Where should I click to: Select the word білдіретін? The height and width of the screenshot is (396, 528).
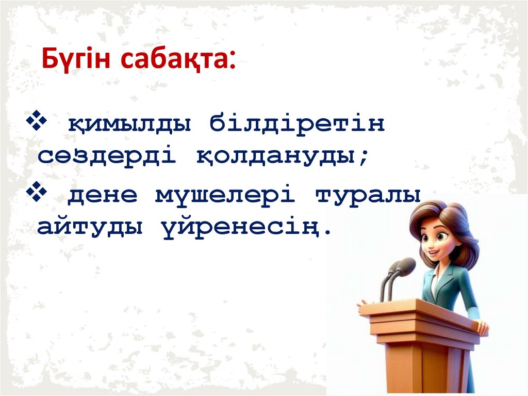click(x=296, y=124)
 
